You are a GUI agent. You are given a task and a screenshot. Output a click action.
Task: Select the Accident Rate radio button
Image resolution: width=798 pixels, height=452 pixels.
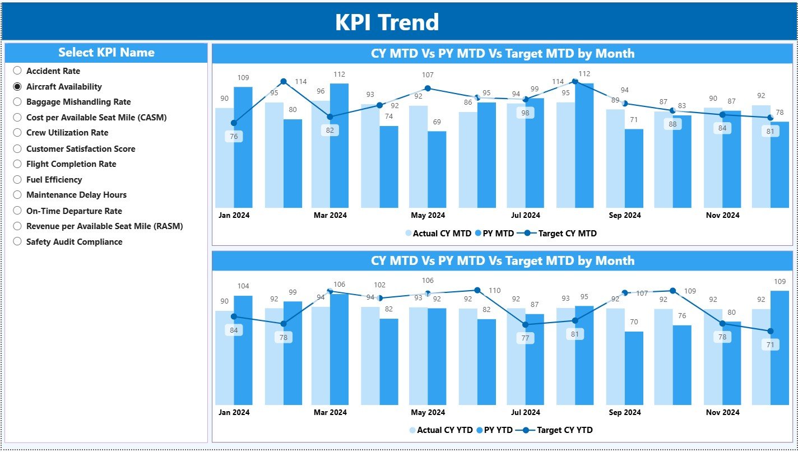[17, 71]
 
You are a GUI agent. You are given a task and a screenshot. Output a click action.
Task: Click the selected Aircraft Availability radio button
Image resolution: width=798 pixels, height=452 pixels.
[17, 86]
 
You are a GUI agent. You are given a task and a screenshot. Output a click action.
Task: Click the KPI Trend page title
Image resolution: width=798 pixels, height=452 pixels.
[387, 22]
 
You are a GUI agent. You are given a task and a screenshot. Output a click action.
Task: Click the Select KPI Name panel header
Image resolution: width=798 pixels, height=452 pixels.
[106, 53]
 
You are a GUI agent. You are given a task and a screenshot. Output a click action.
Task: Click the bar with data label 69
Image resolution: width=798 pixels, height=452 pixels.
[437, 169]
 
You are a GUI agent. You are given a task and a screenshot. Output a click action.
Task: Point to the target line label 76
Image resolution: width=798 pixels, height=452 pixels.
[234, 137]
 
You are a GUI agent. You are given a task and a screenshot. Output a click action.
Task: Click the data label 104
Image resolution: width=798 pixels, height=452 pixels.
[243, 286]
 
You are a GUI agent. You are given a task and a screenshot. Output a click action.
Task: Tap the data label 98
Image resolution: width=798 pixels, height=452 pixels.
[526, 113]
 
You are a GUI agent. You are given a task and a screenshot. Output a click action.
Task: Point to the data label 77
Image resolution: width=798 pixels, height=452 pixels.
[526, 338]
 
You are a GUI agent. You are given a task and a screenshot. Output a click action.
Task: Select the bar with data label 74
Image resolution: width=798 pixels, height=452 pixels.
[388, 166]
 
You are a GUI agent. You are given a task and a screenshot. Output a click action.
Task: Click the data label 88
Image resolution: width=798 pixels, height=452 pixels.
[673, 124]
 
